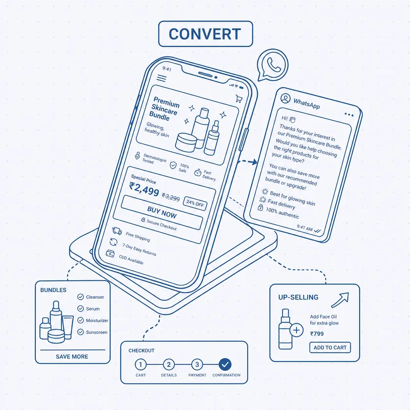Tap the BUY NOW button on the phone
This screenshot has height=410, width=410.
[162, 212]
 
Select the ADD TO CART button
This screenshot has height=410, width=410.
[330, 347]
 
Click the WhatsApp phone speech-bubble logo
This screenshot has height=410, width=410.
[273, 65]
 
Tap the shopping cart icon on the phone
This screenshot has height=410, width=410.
[239, 98]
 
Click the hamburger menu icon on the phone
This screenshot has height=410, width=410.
[161, 78]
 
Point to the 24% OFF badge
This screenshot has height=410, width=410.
[195, 203]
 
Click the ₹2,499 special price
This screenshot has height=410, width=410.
[144, 189]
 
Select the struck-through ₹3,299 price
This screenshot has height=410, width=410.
[171, 197]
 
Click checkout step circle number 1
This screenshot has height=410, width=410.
[140, 364]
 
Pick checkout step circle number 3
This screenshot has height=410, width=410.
[197, 364]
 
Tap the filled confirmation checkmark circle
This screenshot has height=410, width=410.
[225, 364]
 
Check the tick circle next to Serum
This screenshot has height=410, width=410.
[80, 309]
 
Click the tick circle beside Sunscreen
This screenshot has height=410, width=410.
[80, 332]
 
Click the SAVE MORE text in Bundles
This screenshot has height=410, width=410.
[72, 357]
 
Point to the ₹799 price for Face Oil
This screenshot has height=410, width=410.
[317, 334]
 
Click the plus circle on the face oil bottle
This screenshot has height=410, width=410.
[297, 330]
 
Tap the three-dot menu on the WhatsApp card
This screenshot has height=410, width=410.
[349, 114]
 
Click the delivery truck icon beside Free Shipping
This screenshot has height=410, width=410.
[117, 231]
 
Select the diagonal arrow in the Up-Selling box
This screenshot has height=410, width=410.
[340, 300]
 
